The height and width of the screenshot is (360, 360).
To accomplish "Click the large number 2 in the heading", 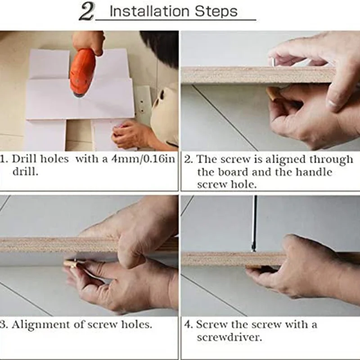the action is [86, 12].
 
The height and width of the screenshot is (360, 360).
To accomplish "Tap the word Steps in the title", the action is [216, 12].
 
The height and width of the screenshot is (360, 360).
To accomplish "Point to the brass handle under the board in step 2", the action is [274, 94].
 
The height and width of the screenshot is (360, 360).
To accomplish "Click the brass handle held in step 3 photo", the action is [72, 264].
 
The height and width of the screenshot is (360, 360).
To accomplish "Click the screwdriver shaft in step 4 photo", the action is [254, 223].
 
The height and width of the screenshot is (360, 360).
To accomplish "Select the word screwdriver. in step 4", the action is [229, 337].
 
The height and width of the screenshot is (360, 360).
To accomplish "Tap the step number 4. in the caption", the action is [189, 324].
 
